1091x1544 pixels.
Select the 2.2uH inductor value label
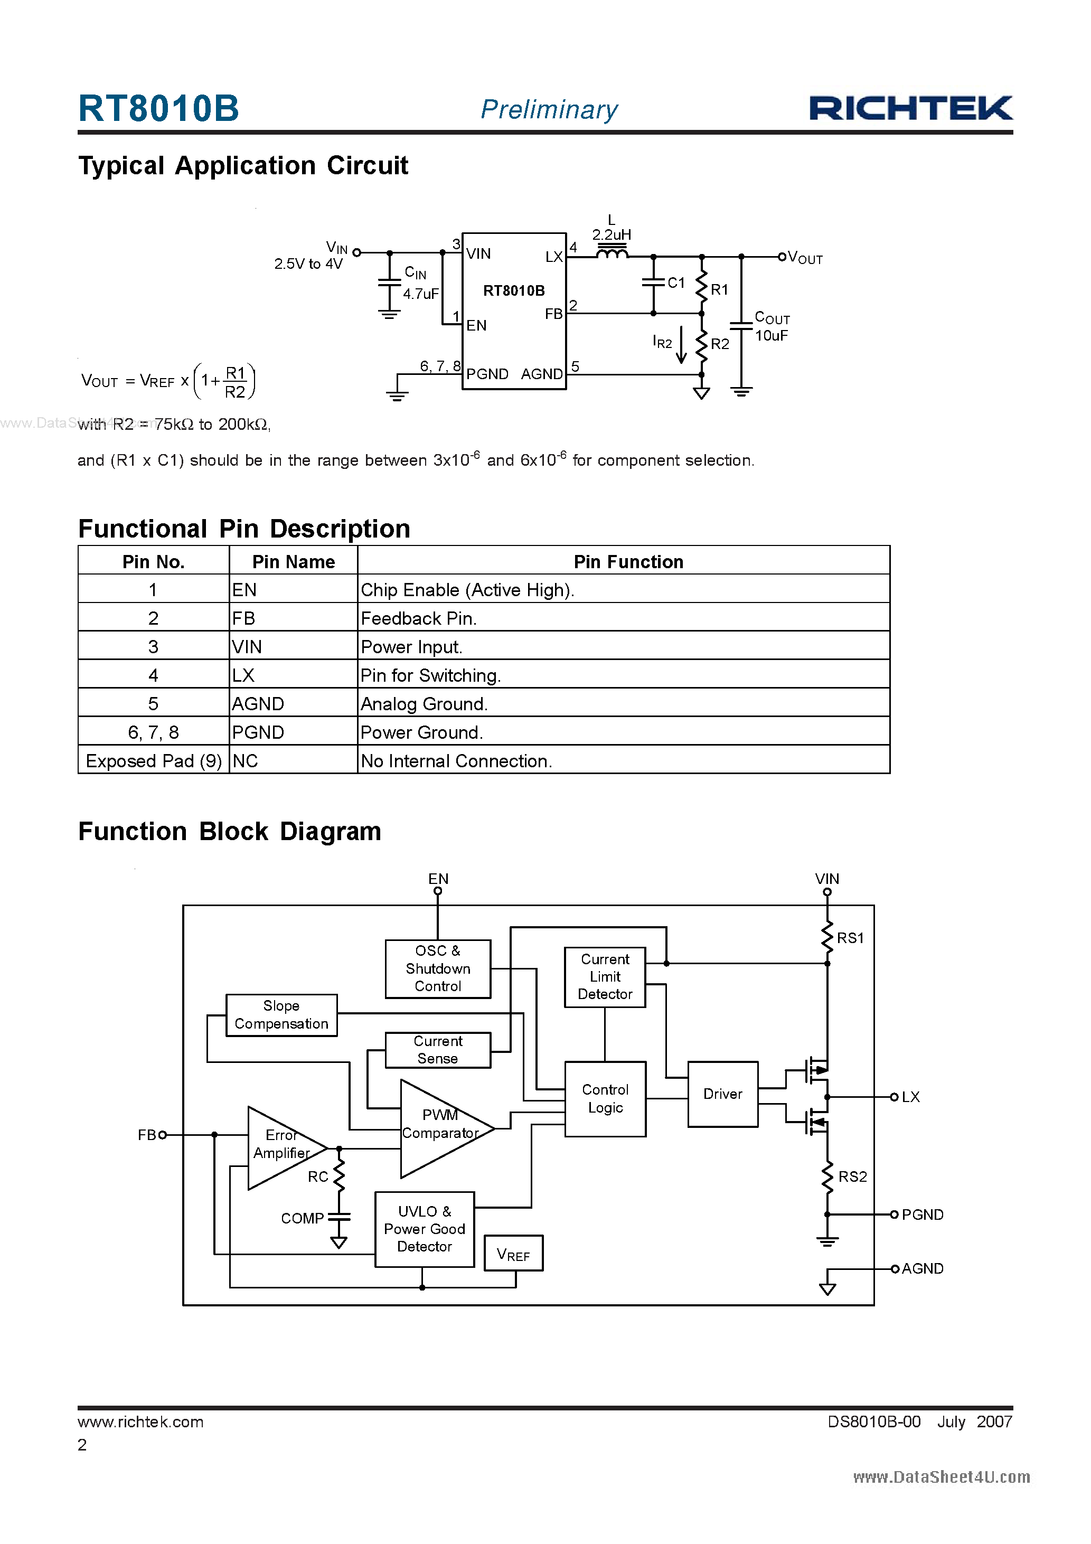[x=611, y=234]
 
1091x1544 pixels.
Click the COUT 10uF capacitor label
[x=772, y=327]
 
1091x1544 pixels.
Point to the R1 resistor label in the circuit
[x=719, y=290]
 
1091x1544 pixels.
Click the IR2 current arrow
[x=681, y=344]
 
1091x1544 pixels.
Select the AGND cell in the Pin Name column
[x=258, y=704]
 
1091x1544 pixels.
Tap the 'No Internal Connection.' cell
[x=456, y=761]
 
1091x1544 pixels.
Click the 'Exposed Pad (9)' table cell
[x=153, y=761]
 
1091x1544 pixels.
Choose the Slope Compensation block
[x=281, y=1015]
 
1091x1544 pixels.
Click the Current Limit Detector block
[x=605, y=976]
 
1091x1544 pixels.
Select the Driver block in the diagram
[x=722, y=1094]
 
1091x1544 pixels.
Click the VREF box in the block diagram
[x=513, y=1254]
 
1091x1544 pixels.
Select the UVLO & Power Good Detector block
[x=425, y=1229]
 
